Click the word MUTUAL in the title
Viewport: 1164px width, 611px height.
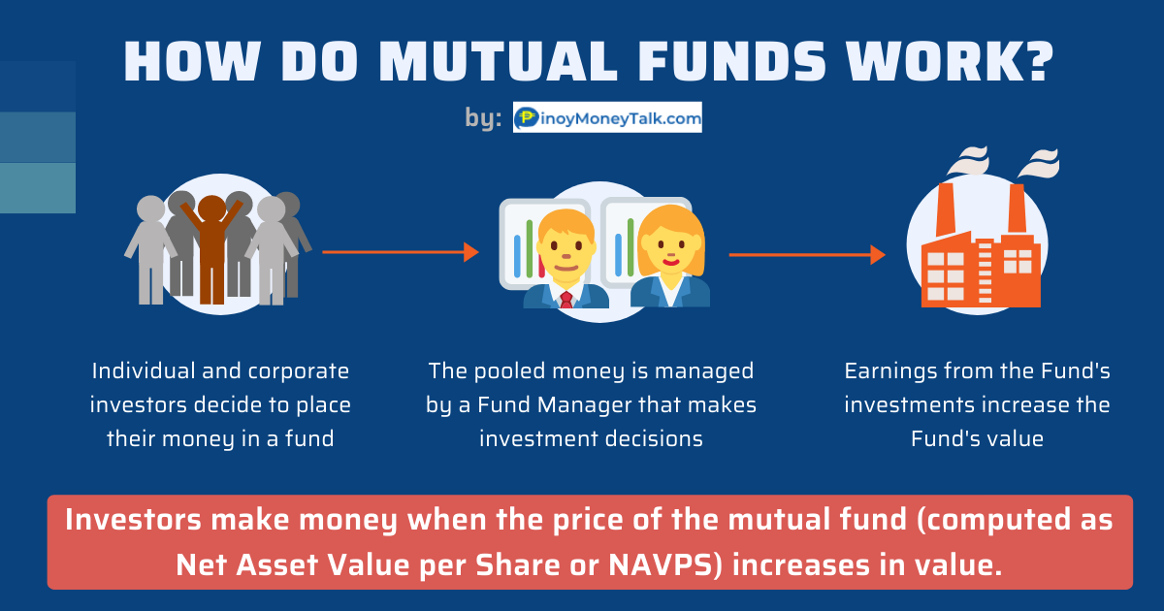(x=498, y=61)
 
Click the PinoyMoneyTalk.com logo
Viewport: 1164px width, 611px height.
(x=607, y=117)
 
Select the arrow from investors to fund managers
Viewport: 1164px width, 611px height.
(x=400, y=252)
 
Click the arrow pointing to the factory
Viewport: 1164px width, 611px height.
(x=807, y=254)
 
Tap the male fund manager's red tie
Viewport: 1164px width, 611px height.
(x=566, y=300)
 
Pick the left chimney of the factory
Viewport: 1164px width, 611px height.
(x=945, y=210)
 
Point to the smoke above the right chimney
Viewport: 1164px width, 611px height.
(x=1039, y=163)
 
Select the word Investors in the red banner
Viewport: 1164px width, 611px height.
(x=133, y=520)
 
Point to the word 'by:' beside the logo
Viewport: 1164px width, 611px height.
(x=483, y=118)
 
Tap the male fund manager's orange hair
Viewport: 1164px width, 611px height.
(x=566, y=222)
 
